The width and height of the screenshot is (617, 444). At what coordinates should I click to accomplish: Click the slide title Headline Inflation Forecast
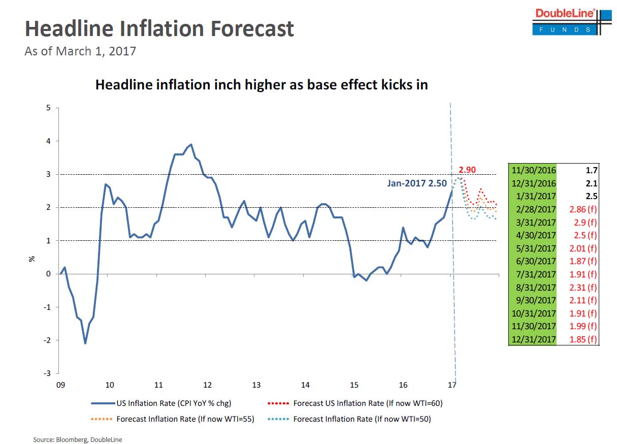tap(159, 28)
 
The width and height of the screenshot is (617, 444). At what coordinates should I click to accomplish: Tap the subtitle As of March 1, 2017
tap(80, 51)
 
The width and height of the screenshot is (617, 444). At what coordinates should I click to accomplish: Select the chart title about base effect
tap(262, 84)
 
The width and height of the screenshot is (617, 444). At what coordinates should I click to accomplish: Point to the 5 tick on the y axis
tap(48, 108)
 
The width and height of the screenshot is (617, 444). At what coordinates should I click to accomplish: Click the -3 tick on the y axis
tap(47, 373)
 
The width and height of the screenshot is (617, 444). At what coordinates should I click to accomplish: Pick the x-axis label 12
tap(207, 385)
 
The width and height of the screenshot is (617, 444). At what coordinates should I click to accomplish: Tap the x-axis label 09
tap(60, 385)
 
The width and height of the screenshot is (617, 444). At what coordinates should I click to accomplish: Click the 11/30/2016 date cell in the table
tap(533, 170)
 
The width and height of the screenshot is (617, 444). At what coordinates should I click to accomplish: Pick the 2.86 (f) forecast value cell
tap(582, 209)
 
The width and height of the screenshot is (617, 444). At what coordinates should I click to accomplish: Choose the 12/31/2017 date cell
tap(533, 339)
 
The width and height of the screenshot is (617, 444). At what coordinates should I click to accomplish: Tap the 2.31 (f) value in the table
tap(582, 287)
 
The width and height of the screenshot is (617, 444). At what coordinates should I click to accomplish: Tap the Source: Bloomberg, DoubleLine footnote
tap(78, 439)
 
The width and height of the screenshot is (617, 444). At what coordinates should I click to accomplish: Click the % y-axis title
tap(32, 258)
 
